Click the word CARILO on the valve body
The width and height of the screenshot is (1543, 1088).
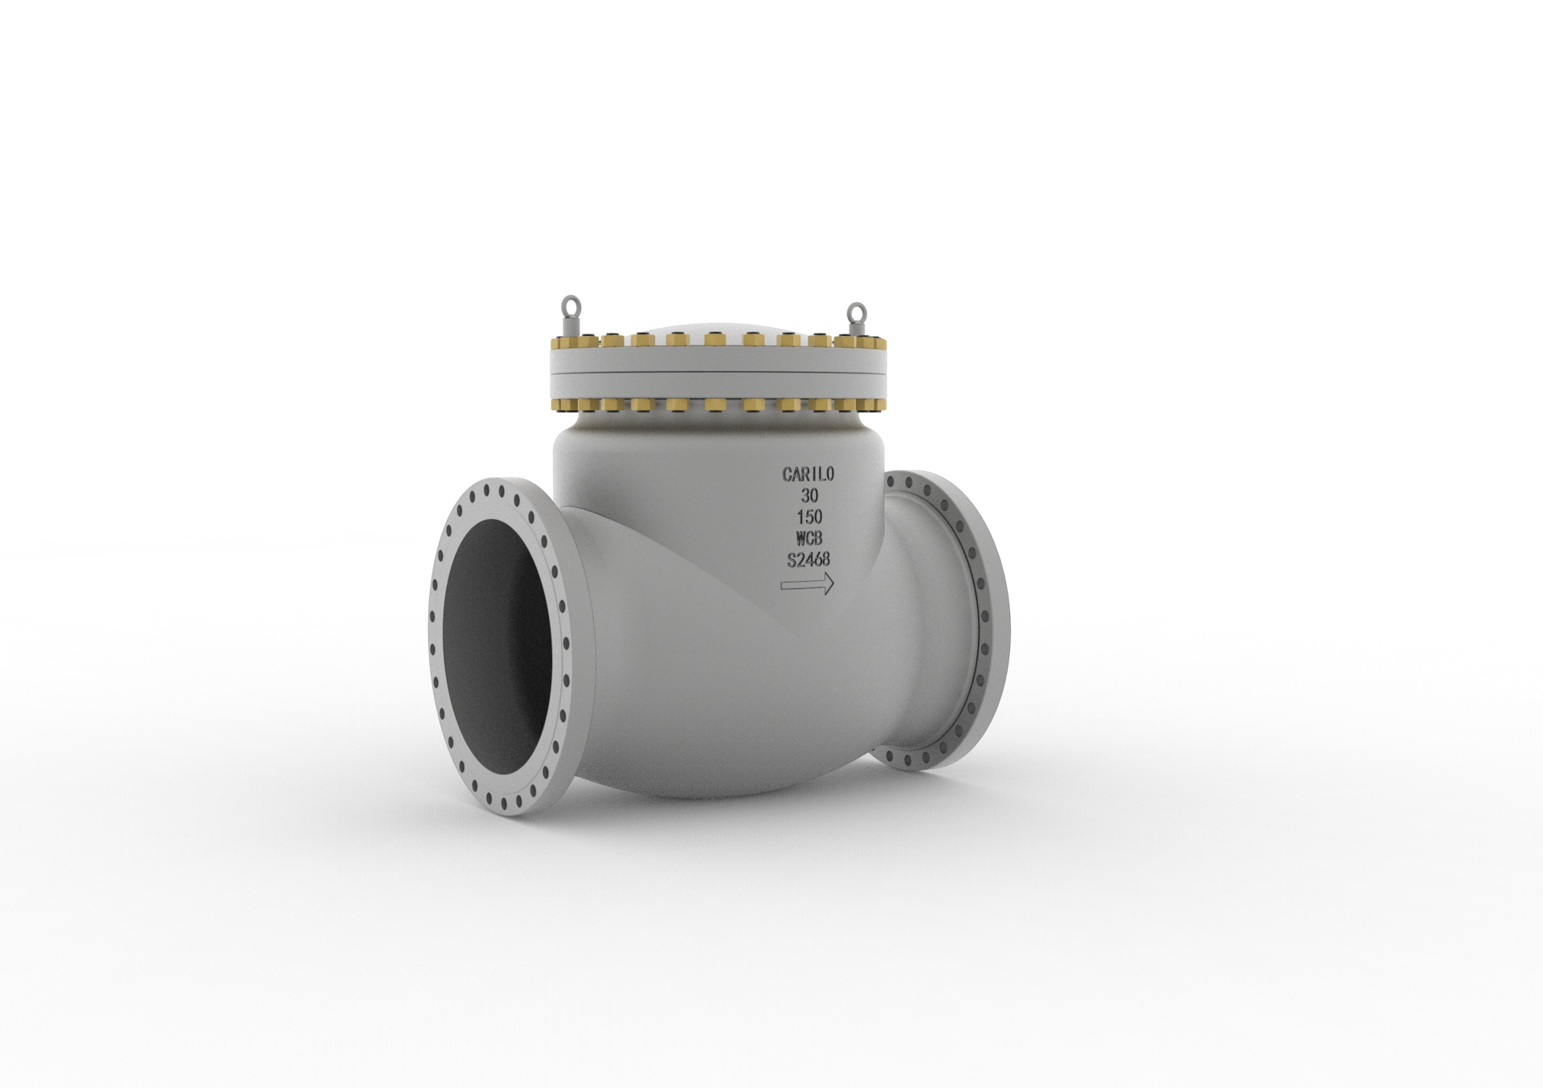tap(808, 475)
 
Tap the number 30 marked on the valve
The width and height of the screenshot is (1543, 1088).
tap(809, 497)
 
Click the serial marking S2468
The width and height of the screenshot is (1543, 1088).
tap(808, 560)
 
